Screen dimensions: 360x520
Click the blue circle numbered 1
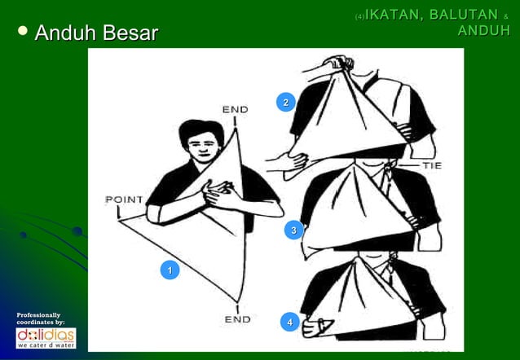[169, 270]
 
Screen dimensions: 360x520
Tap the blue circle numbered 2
[284, 103]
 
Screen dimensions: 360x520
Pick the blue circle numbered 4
[286, 323]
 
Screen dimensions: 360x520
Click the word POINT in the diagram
[124, 200]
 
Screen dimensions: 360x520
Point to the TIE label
[432, 165]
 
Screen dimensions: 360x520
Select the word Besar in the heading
[128, 33]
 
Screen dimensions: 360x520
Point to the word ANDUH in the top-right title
[483, 31]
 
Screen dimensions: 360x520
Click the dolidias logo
[46, 337]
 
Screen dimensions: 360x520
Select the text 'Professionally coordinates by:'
[39, 318]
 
